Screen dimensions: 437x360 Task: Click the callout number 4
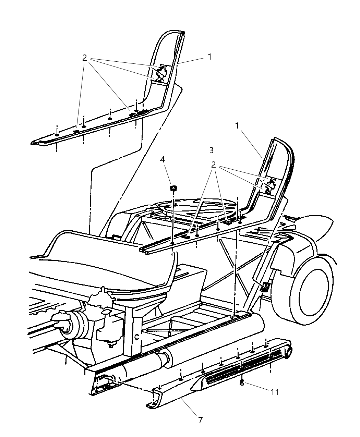pos(163,159)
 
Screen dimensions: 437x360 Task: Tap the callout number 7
pos(201,420)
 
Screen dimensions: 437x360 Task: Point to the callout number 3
pos(211,150)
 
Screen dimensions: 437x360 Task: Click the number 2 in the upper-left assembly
pos(85,58)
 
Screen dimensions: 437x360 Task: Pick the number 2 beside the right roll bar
pos(214,165)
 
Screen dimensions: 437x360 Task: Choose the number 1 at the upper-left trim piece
pos(210,57)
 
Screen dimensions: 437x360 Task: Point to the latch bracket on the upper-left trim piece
pos(160,73)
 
